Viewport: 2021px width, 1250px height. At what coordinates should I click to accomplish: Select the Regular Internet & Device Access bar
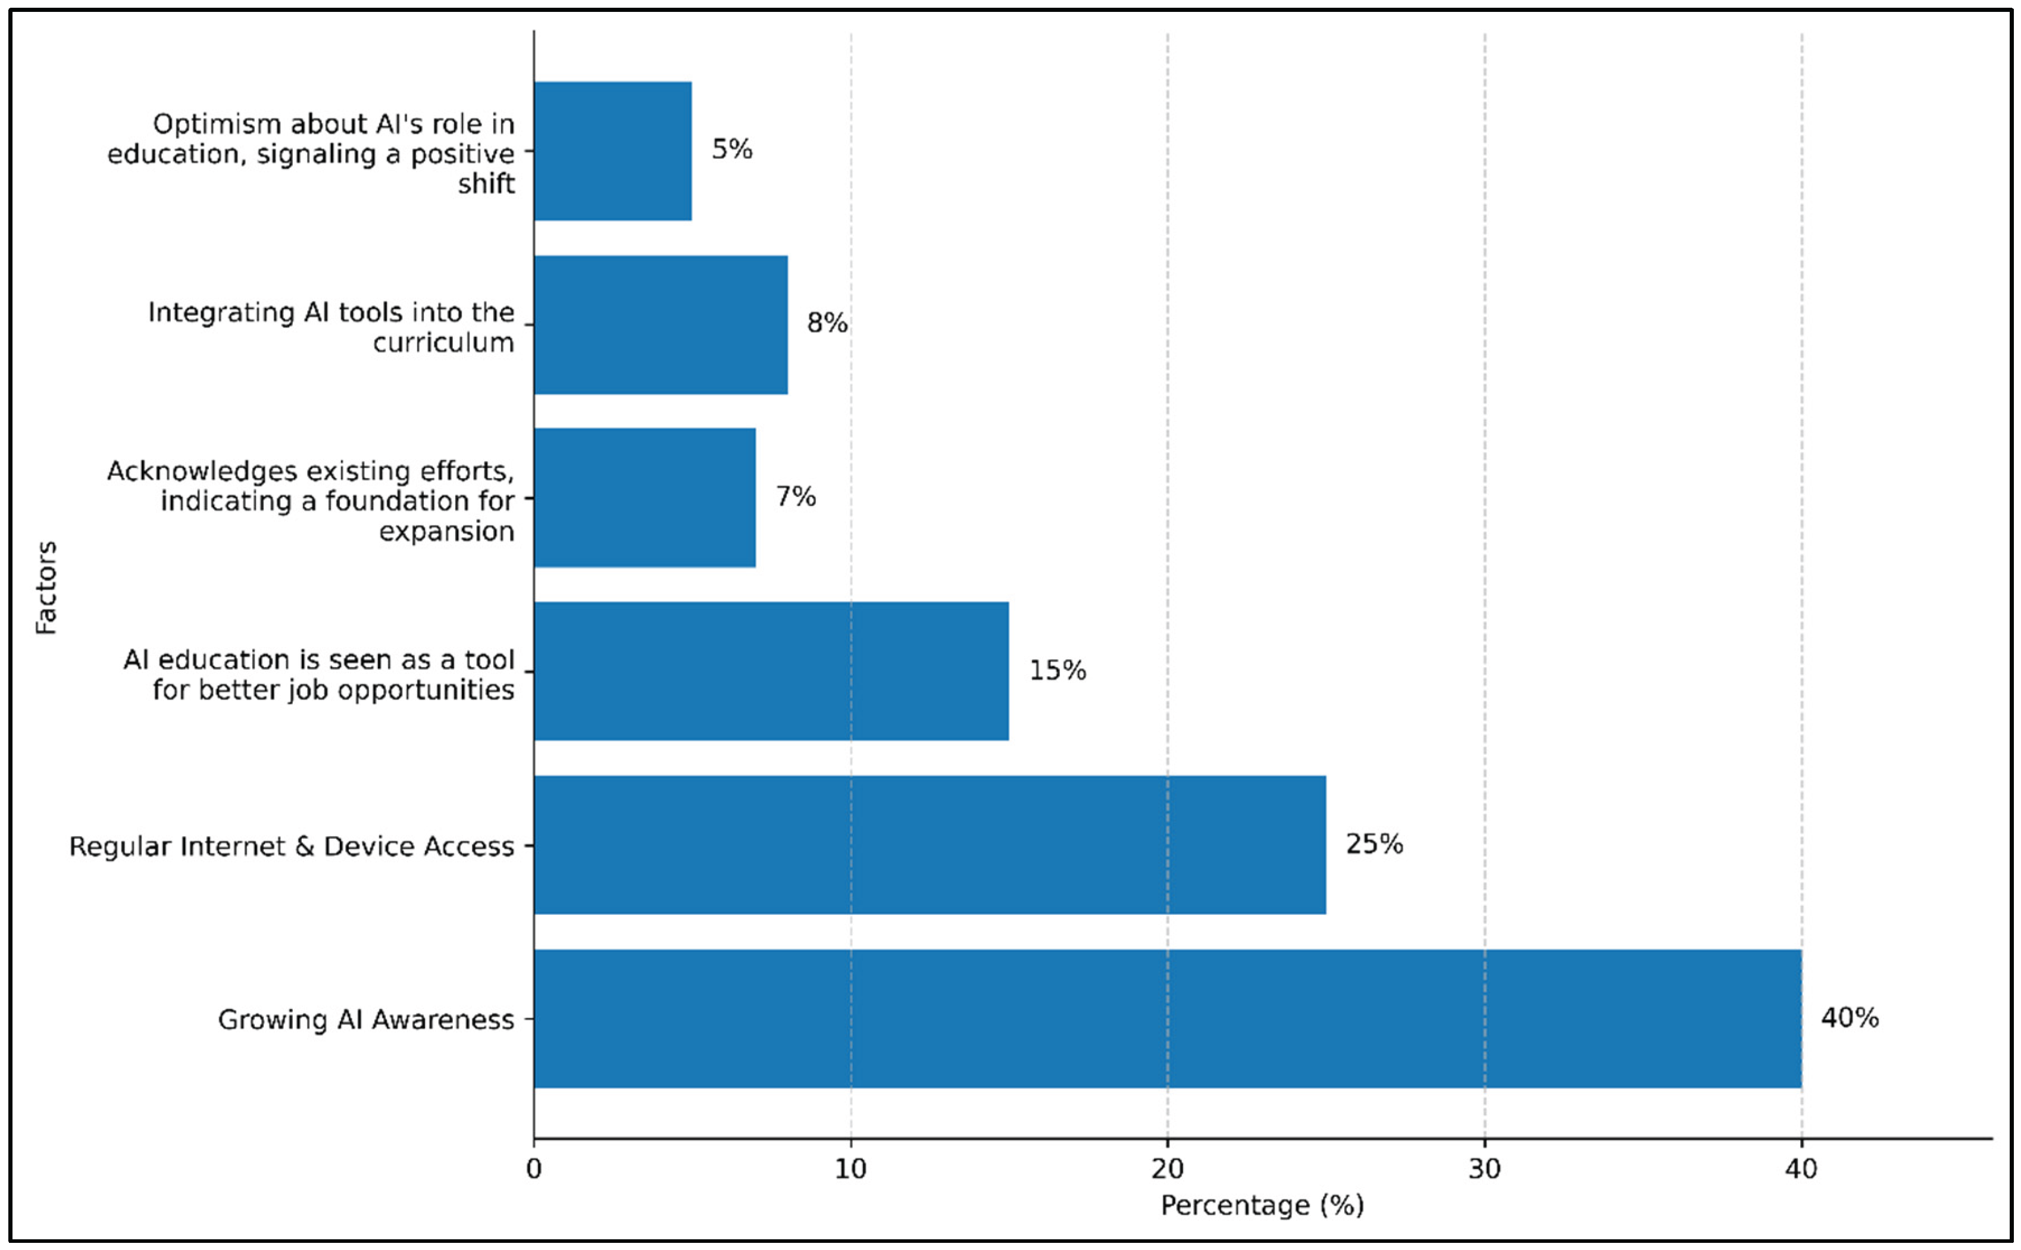point(930,845)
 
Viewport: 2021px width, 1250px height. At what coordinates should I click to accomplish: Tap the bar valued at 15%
point(771,671)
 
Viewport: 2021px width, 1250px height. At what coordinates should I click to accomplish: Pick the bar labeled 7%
point(645,498)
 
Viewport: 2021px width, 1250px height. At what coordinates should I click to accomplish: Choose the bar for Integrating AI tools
point(661,325)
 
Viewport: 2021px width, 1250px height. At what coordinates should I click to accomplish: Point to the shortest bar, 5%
point(612,151)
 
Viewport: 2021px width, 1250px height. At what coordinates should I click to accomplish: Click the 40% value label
point(1850,1018)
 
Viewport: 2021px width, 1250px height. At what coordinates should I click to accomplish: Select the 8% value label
point(827,323)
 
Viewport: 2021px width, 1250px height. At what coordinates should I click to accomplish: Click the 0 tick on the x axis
point(534,1169)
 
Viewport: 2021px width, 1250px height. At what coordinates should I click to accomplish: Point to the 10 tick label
point(850,1169)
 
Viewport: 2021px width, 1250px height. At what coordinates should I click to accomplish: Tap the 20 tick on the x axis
point(1167,1169)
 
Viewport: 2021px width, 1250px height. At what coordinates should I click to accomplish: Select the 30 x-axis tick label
point(1485,1169)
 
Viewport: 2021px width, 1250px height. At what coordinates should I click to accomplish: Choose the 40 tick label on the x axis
point(1801,1169)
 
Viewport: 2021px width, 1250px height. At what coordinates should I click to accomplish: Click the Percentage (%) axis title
point(1262,1206)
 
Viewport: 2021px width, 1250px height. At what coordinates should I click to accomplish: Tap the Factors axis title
point(46,588)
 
